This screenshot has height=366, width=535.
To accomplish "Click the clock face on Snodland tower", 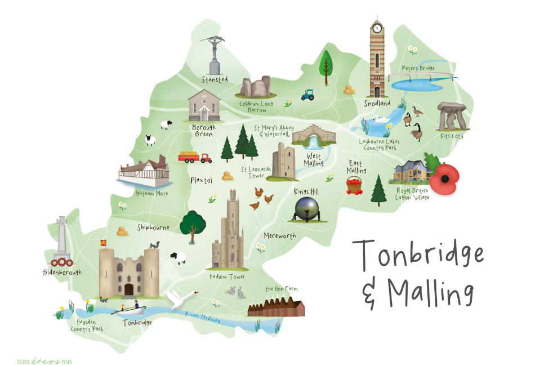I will tap(376, 28).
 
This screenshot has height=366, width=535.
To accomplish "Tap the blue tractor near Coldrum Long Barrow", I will tap(307, 95).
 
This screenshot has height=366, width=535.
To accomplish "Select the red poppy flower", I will tap(445, 178).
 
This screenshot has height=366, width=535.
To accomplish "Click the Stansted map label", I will tap(215, 79).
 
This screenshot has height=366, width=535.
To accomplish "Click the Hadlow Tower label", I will tap(228, 277).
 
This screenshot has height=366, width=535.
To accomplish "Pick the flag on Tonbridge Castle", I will tap(103, 243).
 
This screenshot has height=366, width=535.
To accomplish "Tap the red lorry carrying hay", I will tap(194, 157).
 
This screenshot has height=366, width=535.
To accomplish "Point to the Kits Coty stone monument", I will tap(454, 115).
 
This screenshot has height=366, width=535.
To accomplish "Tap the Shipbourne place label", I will tap(153, 227).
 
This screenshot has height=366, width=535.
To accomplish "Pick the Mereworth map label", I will tap(279, 235).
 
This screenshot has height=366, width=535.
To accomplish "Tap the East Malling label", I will tap(356, 166).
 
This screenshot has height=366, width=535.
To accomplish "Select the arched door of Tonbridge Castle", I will tap(129, 289).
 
